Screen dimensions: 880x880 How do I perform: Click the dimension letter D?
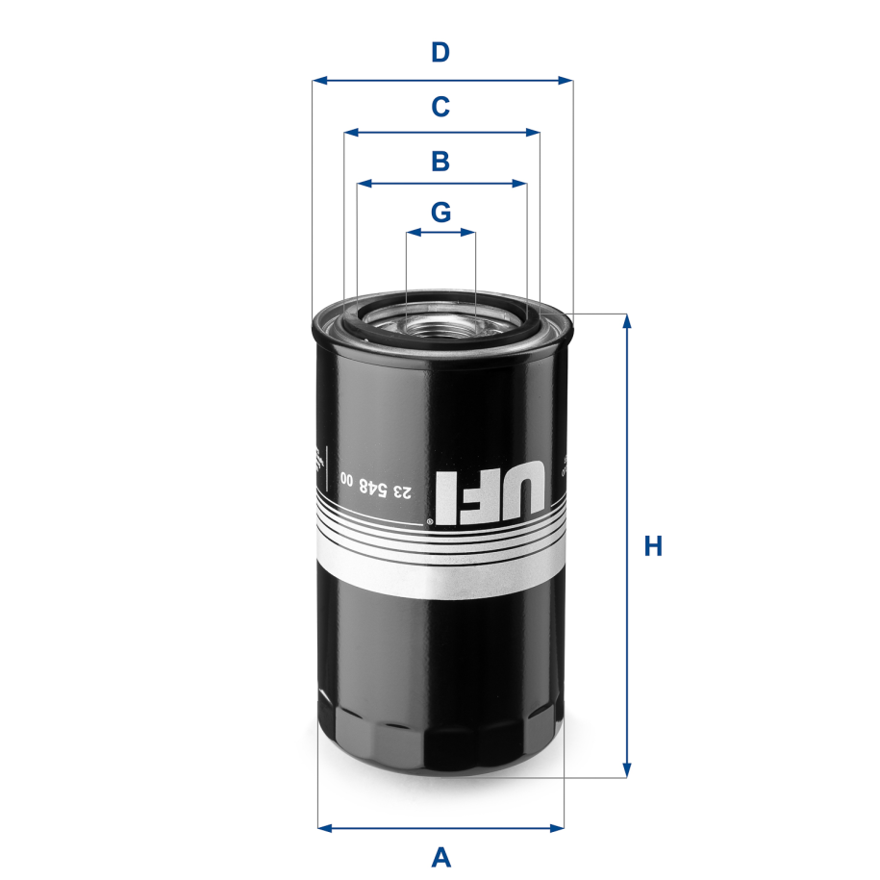(440, 52)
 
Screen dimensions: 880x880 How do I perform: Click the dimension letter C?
(440, 106)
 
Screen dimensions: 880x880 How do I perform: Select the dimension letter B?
(440, 161)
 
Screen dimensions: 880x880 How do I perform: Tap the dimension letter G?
(440, 212)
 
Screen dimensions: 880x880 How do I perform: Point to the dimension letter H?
(653, 546)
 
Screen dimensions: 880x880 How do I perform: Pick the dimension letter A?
(440, 855)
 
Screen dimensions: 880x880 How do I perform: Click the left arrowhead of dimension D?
(318, 81)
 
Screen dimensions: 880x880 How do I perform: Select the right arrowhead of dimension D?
(566, 81)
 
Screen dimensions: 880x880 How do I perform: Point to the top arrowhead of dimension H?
(628, 320)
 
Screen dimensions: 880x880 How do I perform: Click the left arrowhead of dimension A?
(324, 826)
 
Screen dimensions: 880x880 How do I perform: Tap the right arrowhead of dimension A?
(558, 826)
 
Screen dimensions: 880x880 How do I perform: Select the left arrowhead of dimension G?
(412, 232)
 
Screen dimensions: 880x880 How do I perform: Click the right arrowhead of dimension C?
(534, 132)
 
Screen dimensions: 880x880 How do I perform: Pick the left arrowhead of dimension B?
(363, 182)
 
